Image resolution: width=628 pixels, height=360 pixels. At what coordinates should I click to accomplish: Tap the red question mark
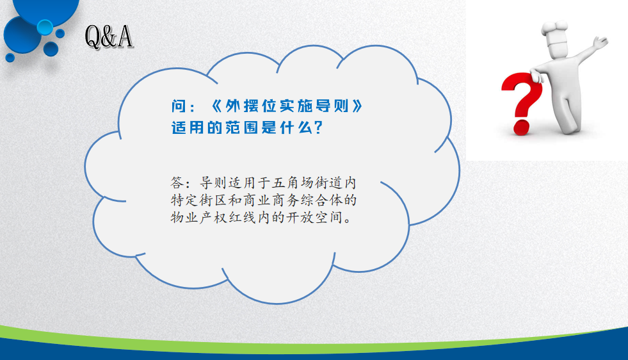pos(522,103)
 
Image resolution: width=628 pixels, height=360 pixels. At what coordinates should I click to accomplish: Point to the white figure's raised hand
pos(600,42)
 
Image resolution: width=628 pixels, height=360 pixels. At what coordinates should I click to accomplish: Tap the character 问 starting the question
pos(179,106)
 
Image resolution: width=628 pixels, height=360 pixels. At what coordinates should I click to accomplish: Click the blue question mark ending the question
pos(319,128)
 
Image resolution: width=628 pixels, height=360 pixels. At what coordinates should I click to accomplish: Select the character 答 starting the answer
pos(177,183)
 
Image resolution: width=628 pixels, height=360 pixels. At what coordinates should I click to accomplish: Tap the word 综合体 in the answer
pos(321,200)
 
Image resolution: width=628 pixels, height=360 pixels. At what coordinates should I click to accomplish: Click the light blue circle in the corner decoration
pos(45,27)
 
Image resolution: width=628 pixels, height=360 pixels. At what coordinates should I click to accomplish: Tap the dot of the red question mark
pos(522,127)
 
